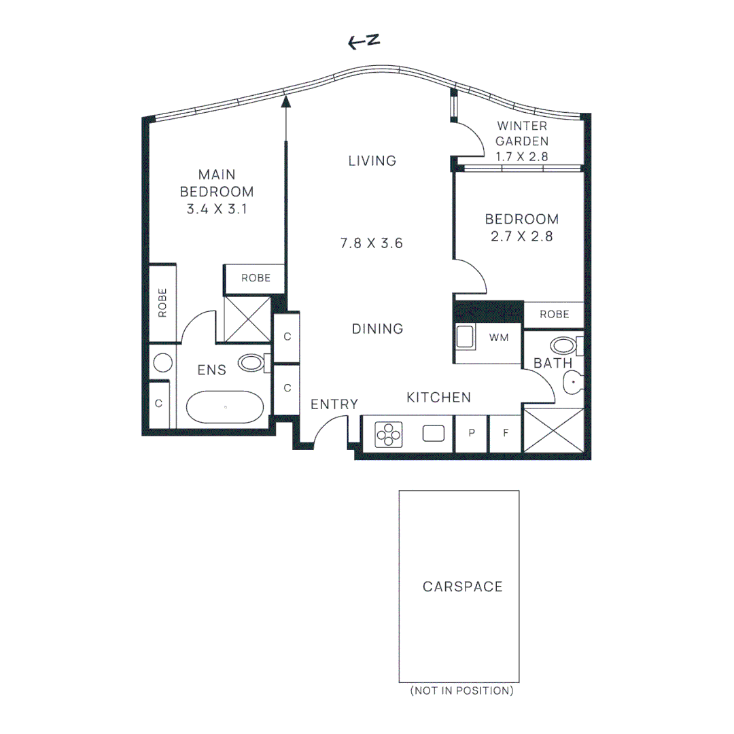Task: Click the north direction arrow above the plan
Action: [363, 42]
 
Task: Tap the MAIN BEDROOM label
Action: [217, 183]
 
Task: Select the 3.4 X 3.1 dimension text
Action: [217, 209]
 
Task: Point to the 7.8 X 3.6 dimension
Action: [372, 243]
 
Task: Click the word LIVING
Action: [372, 161]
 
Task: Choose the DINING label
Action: [377, 329]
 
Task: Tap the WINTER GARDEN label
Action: [522, 134]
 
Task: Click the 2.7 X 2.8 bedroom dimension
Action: [521, 237]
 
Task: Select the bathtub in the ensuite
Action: [225, 408]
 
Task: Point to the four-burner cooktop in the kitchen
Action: [389, 434]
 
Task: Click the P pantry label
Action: [472, 433]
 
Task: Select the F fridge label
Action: [506, 433]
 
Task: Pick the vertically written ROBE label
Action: [162, 303]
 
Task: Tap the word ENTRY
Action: [334, 404]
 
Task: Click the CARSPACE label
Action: [463, 587]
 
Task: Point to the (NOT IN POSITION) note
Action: [461, 691]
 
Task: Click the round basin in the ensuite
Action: [162, 362]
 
